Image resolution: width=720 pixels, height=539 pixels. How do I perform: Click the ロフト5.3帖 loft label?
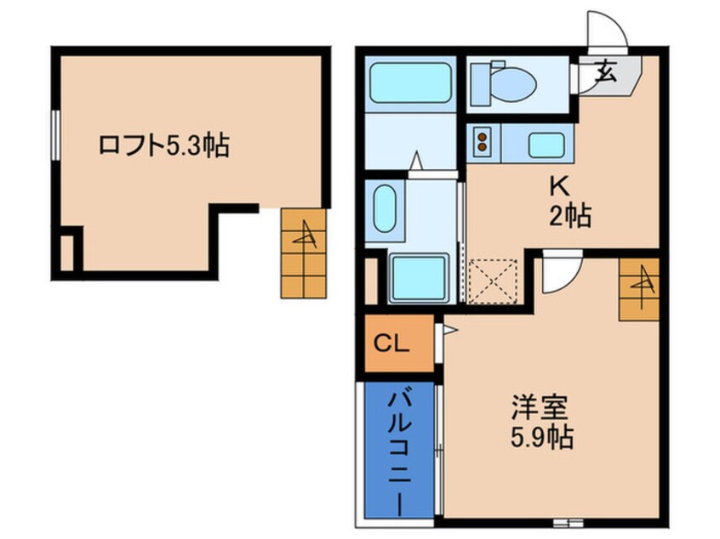pos(163,145)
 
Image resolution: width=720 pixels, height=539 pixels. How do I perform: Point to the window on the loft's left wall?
pos(55,134)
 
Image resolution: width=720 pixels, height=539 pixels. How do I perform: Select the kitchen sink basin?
pos(546,145)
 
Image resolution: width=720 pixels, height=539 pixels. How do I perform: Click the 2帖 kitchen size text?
pos(569,217)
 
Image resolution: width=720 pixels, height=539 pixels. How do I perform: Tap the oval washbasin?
pos(385,207)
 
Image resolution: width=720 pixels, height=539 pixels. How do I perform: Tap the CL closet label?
pos(392,344)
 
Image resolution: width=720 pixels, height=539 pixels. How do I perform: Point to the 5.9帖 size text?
pos(543,439)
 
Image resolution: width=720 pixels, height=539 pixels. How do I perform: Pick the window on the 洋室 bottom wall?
pos(566,519)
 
